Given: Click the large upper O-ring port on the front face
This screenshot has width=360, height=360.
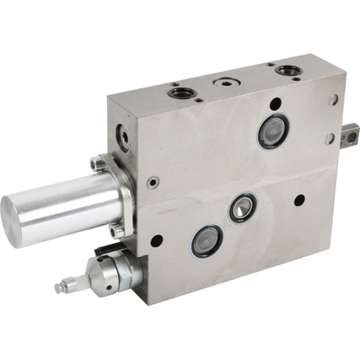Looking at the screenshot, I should (x=273, y=131).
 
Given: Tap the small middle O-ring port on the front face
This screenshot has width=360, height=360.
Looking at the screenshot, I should (x=242, y=208).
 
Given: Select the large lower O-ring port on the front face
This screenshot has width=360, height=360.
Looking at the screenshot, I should (x=207, y=241).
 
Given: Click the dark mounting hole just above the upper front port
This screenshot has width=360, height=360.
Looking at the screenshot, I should (x=277, y=104).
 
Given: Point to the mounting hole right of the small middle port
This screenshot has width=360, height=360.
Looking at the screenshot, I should (x=299, y=199).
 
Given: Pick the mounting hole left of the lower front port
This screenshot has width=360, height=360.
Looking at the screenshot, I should (x=156, y=241).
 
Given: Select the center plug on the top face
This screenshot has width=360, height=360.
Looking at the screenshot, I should (x=225, y=83).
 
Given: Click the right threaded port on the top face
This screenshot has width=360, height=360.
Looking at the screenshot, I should (x=287, y=70).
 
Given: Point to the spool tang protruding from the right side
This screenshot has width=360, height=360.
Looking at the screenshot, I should (x=350, y=128).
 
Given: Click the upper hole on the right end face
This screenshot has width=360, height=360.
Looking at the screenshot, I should (x=334, y=100).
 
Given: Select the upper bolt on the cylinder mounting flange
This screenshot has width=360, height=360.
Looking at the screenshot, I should (x=99, y=164).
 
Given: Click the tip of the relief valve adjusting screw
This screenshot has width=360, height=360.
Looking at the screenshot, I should (x=59, y=288).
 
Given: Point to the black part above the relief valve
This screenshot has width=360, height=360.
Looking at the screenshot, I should (x=104, y=248).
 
